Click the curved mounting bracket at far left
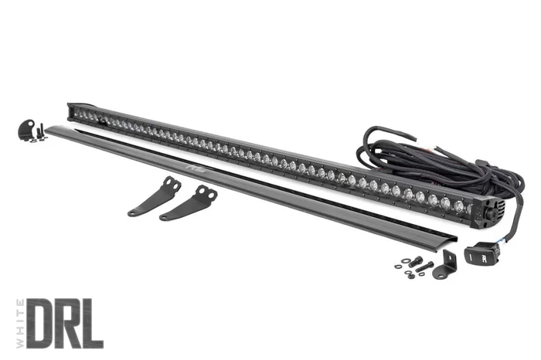tap(27, 131)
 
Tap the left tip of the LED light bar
tap(72, 109)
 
